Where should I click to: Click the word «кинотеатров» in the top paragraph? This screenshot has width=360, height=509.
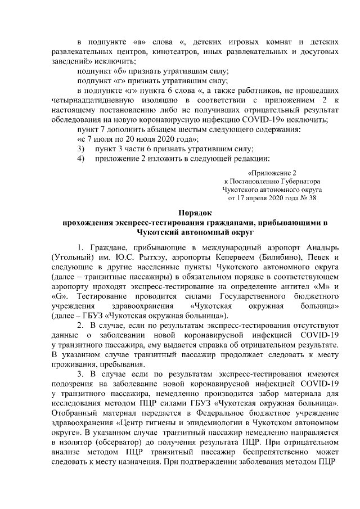[x=132, y=51]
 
